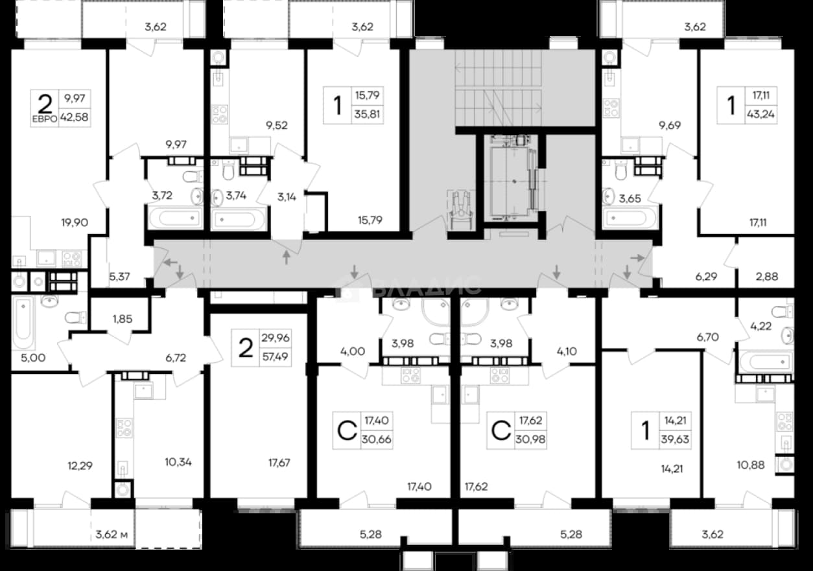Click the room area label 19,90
tap(75, 222)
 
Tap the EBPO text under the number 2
tap(45, 119)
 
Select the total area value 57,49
tap(275, 356)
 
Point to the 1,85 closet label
tap(123, 319)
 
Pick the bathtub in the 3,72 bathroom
tap(175, 218)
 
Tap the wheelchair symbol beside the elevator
tap(460, 210)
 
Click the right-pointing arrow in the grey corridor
tap(637, 259)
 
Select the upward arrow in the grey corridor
tap(287, 257)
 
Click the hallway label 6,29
tap(706, 277)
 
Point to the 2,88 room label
tap(767, 277)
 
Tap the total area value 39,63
tap(675, 439)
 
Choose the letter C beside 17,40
tap(347, 430)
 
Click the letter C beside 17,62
tap(501, 430)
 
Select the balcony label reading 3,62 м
tap(112, 534)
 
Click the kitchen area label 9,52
tap(277, 126)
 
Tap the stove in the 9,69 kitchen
tap(611, 109)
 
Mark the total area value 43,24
tap(760, 114)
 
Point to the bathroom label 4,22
tap(760, 326)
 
